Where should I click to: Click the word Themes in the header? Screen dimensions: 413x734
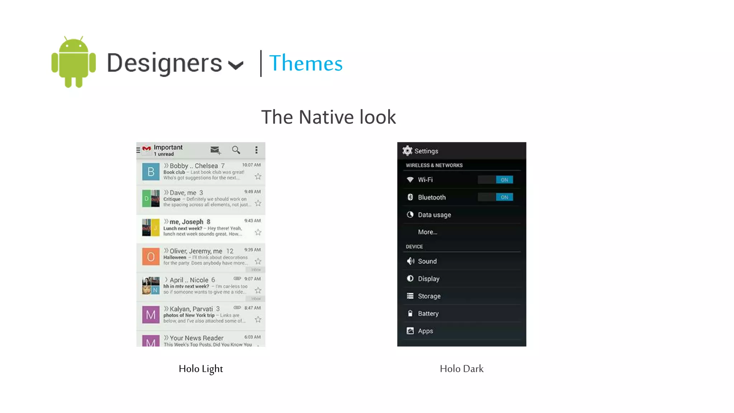(306, 63)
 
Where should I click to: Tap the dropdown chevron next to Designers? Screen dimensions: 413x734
(236, 65)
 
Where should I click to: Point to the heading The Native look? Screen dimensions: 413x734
(328, 117)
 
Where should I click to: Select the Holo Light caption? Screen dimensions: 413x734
(201, 369)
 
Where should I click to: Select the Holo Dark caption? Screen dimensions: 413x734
(462, 369)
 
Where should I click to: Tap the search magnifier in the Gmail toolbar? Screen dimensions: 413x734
(236, 150)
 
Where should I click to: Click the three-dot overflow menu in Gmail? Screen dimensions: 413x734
(256, 150)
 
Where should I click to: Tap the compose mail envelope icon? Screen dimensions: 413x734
(215, 150)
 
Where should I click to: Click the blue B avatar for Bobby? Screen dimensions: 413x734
(151, 172)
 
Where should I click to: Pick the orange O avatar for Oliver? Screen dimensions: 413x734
(151, 257)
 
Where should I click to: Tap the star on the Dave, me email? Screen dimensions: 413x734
(258, 203)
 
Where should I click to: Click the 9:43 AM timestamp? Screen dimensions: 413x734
(252, 221)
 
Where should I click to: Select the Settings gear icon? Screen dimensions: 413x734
(407, 151)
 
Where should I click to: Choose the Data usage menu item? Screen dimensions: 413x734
(434, 215)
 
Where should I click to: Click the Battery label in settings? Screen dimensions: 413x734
(428, 314)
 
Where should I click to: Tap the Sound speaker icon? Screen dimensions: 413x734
(410, 261)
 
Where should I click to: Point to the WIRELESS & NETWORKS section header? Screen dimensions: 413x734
(434, 165)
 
